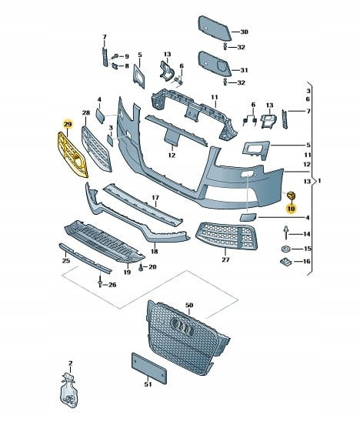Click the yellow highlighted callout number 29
point(68,124)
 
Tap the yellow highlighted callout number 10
point(292,209)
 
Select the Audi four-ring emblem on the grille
point(183,326)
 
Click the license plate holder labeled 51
point(149,368)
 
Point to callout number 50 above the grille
point(189,305)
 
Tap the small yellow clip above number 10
point(292,196)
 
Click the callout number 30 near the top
point(244,32)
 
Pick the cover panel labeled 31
point(214,64)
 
